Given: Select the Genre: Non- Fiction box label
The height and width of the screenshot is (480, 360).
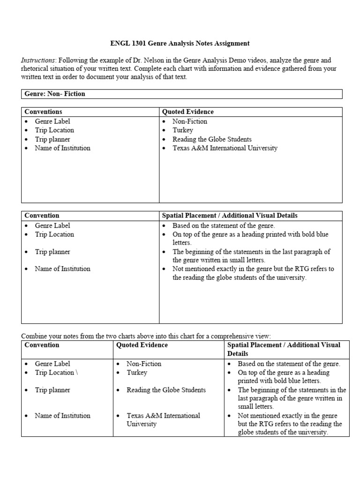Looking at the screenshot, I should tap(55, 94).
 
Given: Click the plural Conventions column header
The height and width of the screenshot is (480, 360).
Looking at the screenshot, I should tap(43, 112).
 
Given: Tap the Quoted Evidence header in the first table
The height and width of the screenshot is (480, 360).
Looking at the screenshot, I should tap(187, 112).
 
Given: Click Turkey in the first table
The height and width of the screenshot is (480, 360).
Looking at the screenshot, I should tap(183, 130).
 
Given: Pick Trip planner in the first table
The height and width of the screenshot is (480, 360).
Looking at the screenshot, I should tap(52, 139).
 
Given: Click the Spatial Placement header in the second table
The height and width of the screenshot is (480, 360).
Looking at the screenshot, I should tap(229, 216).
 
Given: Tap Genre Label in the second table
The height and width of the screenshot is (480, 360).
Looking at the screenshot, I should tap(52, 225).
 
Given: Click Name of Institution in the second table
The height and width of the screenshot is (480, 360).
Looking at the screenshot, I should tap(62, 269).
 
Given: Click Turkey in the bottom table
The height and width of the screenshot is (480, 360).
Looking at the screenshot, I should tap(137, 372).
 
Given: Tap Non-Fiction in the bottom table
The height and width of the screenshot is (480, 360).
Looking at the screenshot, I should tap(144, 363).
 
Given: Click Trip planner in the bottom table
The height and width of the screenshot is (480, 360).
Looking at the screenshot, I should tap(52, 390).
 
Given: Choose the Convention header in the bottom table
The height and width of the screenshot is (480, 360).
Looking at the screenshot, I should tap(42, 345).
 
